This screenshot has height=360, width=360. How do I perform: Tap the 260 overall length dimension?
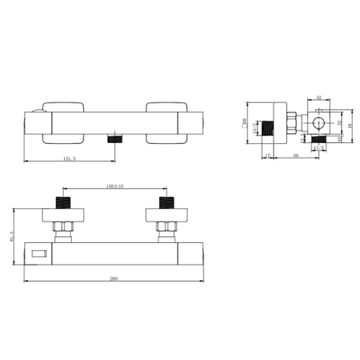coord(114,278)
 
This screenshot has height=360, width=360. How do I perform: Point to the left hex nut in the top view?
coord(63,228)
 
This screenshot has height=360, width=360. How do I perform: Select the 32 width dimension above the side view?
coord(319,98)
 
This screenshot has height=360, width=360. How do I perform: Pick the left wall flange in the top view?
coord(63,214)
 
